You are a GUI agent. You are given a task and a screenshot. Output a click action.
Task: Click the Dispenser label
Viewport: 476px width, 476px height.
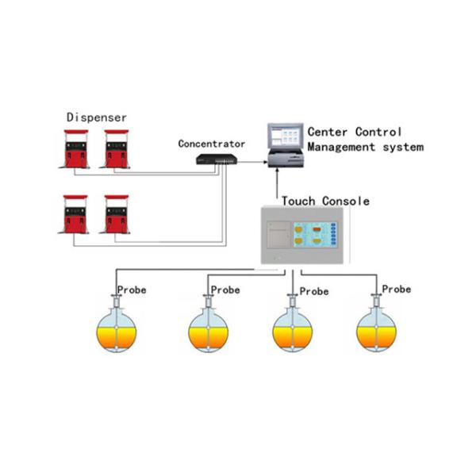point(96,117)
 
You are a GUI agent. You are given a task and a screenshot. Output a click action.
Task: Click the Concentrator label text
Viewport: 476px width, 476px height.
point(212,144)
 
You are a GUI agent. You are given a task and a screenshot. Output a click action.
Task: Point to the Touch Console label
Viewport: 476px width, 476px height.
point(325,201)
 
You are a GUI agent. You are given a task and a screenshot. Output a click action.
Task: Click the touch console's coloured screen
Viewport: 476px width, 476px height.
point(312,234)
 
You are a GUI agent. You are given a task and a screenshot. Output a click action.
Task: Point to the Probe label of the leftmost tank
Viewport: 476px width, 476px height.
point(132,290)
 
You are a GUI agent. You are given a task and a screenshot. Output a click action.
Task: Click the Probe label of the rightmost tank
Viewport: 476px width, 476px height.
point(396,290)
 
